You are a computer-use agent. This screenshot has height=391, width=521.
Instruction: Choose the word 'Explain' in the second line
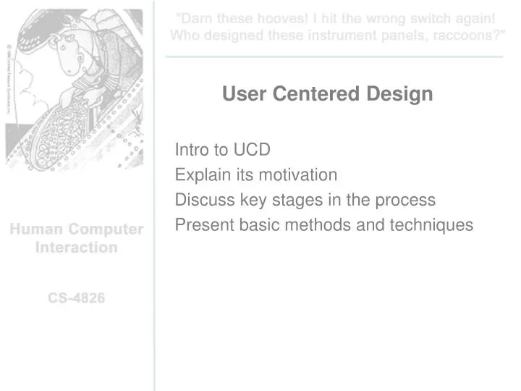pos(200,175)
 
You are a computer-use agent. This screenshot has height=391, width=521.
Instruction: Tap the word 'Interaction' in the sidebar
pos(76,248)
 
